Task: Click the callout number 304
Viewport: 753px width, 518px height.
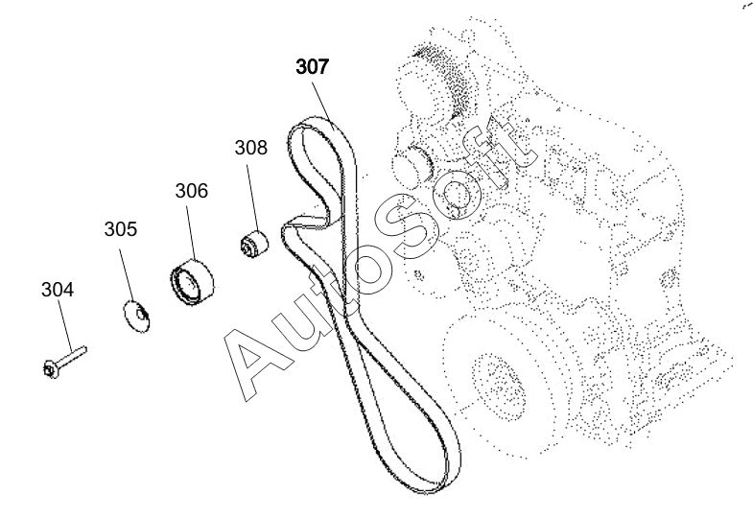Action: (58, 290)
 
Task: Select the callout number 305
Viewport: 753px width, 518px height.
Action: (121, 229)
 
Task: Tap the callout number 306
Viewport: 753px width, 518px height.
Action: (191, 191)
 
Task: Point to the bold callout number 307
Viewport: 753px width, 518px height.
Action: (312, 66)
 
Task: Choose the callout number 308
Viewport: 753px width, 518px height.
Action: (250, 148)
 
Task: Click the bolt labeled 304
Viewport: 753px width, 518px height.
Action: (64, 362)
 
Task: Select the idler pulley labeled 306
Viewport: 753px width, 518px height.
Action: (192, 282)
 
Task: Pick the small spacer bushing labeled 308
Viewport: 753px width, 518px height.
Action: (254, 244)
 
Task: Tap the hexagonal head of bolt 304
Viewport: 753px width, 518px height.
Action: (50, 369)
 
